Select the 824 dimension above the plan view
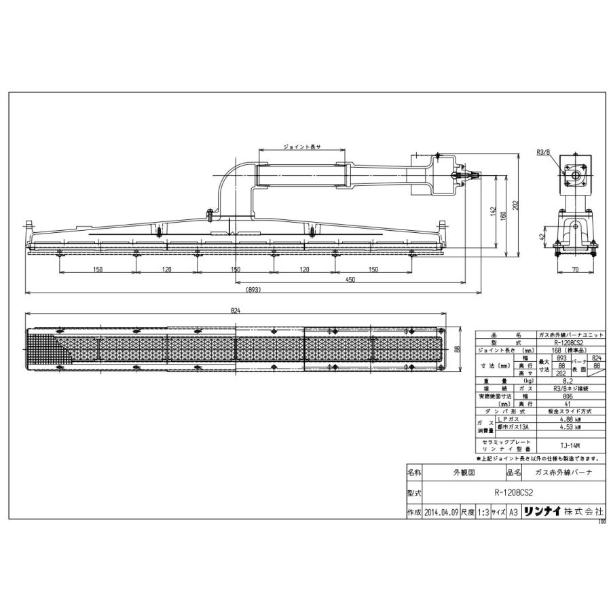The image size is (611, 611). click(x=236, y=310)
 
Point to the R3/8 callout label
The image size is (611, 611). click(x=542, y=153)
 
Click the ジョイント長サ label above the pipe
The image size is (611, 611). click(x=301, y=146)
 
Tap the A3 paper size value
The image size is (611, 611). click(x=513, y=513)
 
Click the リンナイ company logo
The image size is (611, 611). click(x=542, y=513)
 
